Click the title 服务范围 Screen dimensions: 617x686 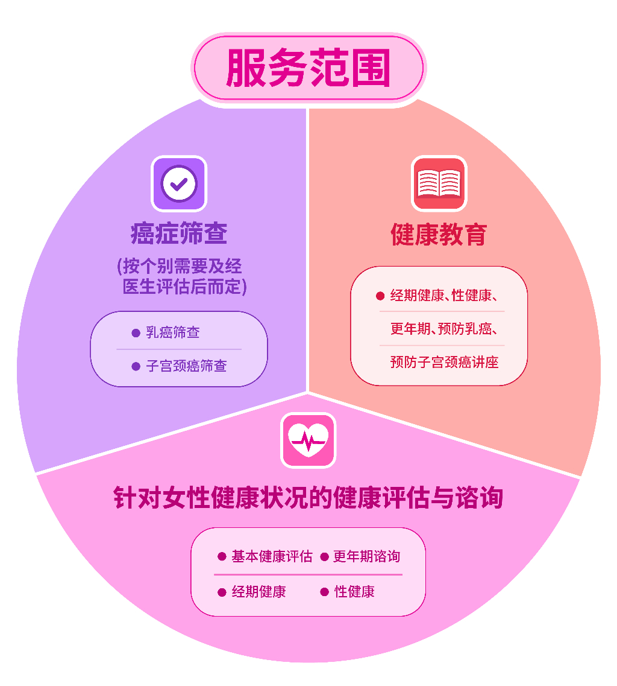point(308,68)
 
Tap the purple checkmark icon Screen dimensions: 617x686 point(179,184)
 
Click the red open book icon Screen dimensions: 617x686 point(439,184)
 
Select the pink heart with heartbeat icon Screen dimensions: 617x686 point(308,440)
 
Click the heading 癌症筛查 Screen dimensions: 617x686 point(179,233)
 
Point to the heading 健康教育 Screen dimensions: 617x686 point(439,234)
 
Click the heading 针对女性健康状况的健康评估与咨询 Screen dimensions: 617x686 point(308,497)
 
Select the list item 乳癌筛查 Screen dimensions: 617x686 point(172,332)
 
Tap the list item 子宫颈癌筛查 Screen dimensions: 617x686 point(186,366)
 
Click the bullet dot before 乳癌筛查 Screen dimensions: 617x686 point(136,333)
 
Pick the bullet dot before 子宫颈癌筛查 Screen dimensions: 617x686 point(136,366)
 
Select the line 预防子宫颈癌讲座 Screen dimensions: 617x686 point(445,362)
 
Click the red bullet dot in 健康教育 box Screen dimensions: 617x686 point(380,296)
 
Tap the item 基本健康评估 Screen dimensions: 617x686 point(272,556)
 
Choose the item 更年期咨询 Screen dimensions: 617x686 point(366,556)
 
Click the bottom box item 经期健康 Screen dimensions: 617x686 point(258,592)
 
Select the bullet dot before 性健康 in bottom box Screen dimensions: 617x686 point(324,592)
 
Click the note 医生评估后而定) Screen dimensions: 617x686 point(184,287)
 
